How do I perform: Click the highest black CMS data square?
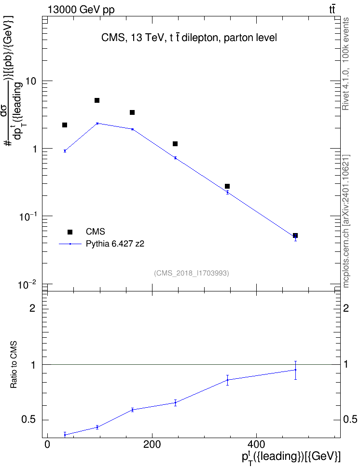click(x=97, y=100)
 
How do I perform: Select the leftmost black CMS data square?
click(x=65, y=124)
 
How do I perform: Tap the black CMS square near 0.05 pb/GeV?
click(x=295, y=235)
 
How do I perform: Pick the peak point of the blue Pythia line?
click(x=97, y=123)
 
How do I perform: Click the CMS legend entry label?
click(x=95, y=232)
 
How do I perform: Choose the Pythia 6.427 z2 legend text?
click(x=115, y=244)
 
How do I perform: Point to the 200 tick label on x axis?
click(x=152, y=444)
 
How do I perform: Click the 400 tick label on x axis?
click(x=256, y=444)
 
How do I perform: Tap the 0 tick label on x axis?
click(x=47, y=444)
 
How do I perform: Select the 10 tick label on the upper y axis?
click(x=31, y=81)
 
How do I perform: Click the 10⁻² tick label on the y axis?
click(x=27, y=284)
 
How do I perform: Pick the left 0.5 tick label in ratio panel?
click(x=28, y=420)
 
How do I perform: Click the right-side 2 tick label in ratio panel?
click(x=346, y=308)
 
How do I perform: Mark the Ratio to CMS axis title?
click(x=14, y=365)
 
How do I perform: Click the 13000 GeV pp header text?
click(x=81, y=10)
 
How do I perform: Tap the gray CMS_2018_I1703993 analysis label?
click(x=192, y=273)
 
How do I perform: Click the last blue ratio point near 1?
click(x=295, y=370)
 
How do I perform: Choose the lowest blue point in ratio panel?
click(x=65, y=435)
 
